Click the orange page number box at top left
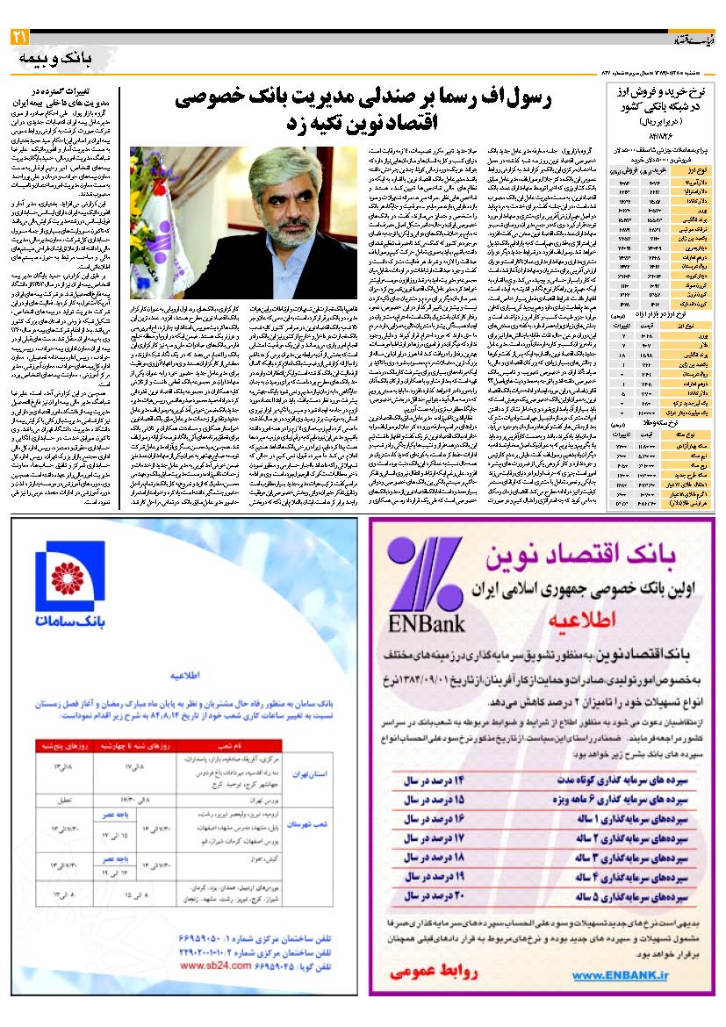pyautogui.click(x=18, y=37)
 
